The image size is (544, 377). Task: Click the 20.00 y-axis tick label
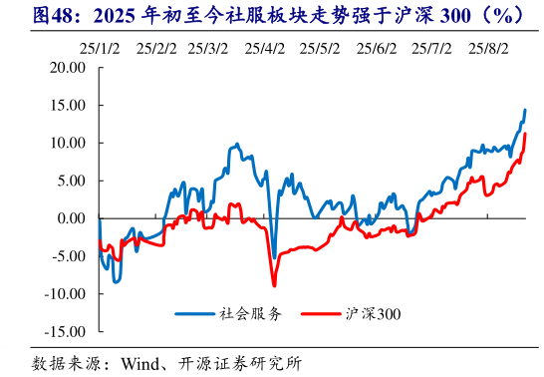68,68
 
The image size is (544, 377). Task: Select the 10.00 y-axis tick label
68,143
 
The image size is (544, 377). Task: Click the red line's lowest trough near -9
272,285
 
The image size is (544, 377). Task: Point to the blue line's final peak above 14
525,111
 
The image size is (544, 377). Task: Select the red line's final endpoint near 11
525,134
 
